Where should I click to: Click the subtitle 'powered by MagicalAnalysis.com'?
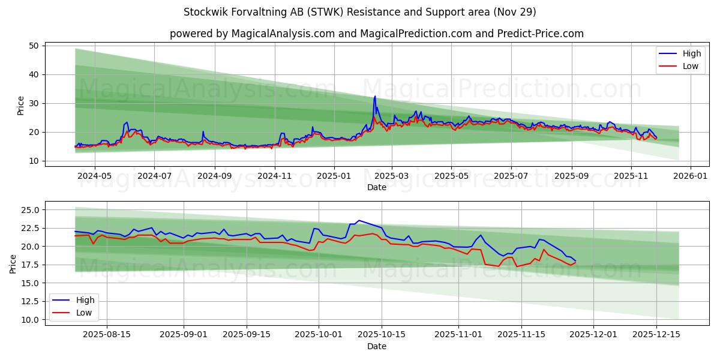pos(252,34)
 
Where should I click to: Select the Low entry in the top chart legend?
pos(690,66)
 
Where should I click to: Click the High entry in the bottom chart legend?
pos(85,300)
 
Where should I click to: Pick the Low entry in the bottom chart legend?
pos(84,312)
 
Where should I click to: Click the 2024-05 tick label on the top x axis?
pos(94,176)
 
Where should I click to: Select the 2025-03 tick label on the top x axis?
pos(392,176)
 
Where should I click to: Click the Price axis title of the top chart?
pos(21,105)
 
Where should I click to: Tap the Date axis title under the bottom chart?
pos(376,346)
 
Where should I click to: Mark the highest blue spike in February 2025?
pos(375,96)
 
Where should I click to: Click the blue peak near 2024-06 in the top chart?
pos(127,122)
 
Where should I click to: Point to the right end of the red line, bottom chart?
pos(575,262)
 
